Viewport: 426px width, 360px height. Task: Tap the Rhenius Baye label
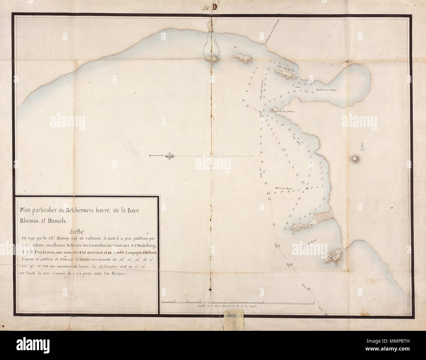point(283,189)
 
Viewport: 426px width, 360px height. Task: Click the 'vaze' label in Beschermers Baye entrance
point(297,87)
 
